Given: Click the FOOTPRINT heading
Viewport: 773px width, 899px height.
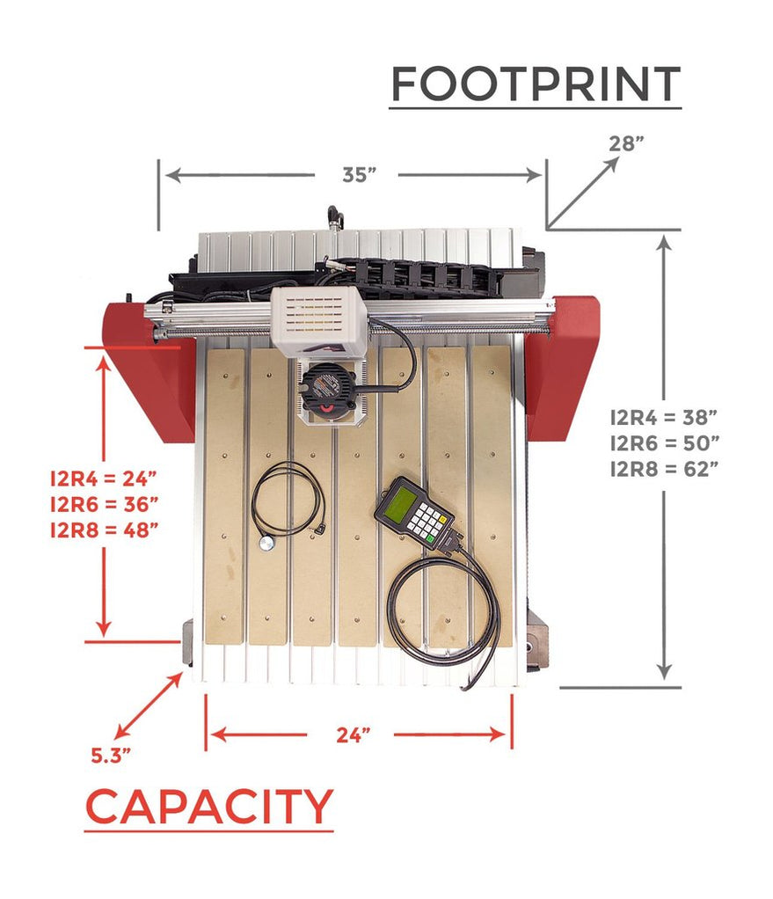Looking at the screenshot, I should (x=535, y=84).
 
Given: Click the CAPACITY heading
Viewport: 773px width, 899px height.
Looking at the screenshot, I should (x=209, y=807).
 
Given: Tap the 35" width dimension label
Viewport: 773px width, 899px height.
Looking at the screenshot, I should (x=359, y=174).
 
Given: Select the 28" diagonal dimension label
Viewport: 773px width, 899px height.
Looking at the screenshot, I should (x=627, y=143).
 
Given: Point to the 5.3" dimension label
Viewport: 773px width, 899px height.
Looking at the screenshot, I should (x=112, y=754).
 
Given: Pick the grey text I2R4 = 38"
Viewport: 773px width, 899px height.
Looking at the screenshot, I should (x=665, y=415).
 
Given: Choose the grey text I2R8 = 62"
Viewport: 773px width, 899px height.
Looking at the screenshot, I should (x=665, y=468).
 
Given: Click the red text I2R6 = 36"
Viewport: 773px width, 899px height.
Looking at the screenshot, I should (x=104, y=504).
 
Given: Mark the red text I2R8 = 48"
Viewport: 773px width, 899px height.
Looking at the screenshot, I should (x=104, y=530).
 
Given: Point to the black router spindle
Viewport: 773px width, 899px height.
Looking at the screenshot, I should (x=329, y=387).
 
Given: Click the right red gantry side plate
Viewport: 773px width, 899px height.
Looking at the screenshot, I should (x=564, y=365).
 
